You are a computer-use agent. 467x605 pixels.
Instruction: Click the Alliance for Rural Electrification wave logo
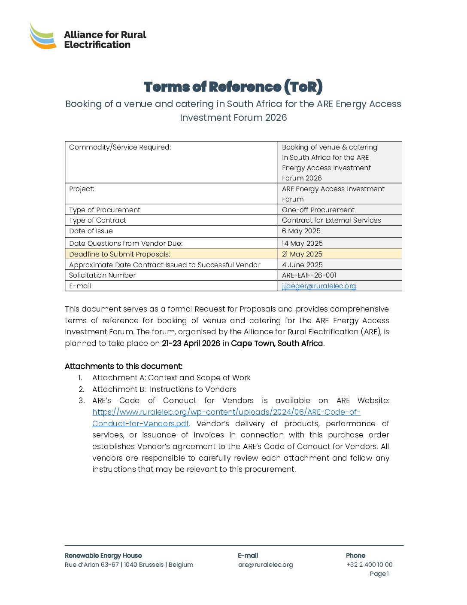42,36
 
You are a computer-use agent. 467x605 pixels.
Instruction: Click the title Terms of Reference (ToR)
233,87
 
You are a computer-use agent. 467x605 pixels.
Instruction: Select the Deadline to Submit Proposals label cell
120,254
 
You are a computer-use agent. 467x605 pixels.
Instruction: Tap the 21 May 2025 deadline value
302,254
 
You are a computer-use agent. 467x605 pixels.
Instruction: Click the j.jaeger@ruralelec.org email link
319,286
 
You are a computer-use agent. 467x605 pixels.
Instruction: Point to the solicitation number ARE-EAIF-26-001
309,275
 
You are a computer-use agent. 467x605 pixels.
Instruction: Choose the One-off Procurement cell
318,210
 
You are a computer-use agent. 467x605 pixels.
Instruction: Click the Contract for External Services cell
331,220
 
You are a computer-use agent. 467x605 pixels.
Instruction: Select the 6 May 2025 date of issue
301,231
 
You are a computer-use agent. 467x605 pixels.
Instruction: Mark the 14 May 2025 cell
302,243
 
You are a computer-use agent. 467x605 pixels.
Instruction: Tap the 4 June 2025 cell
302,265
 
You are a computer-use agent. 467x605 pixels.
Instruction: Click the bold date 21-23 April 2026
191,343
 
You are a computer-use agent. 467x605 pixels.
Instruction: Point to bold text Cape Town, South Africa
277,343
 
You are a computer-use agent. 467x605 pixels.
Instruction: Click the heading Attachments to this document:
124,366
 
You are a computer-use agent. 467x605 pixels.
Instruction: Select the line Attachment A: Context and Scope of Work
171,378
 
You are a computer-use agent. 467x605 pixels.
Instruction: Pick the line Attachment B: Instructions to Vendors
164,389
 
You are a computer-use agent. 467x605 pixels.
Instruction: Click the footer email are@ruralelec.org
265,565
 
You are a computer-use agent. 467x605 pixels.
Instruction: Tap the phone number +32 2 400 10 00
369,565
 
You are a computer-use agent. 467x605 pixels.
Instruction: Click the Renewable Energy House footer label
103,556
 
